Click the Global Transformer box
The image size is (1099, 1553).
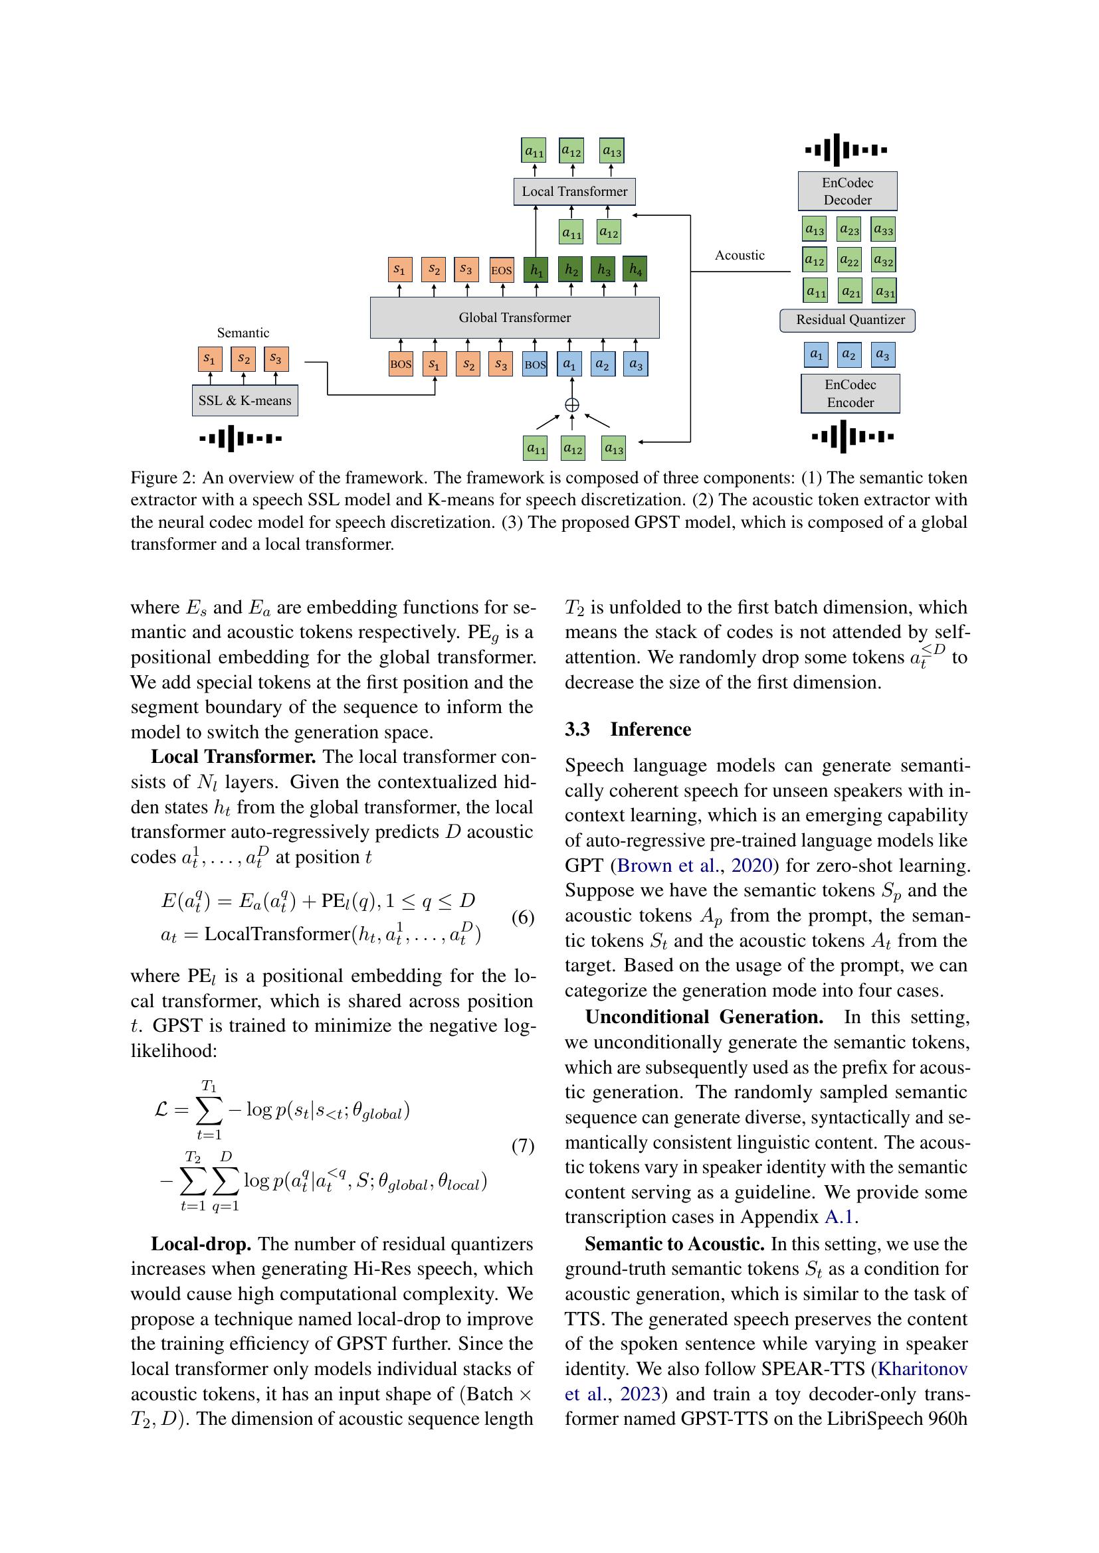[514, 317]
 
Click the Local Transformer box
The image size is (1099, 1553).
[574, 191]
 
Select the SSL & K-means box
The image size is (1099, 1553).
[245, 400]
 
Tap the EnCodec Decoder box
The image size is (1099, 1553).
[847, 191]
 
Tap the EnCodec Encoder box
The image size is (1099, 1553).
[850, 393]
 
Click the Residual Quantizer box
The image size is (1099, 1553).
[847, 320]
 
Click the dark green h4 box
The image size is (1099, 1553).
[635, 269]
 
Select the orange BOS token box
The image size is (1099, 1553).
[401, 364]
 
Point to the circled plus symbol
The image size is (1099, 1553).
[572, 404]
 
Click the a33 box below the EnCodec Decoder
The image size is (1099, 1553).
[882, 229]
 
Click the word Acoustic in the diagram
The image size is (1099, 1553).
[740, 255]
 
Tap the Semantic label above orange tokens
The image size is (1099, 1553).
[243, 333]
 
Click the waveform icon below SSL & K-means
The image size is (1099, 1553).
[241, 438]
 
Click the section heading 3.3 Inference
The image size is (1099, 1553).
[627, 729]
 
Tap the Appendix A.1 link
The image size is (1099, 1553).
[841, 1217]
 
